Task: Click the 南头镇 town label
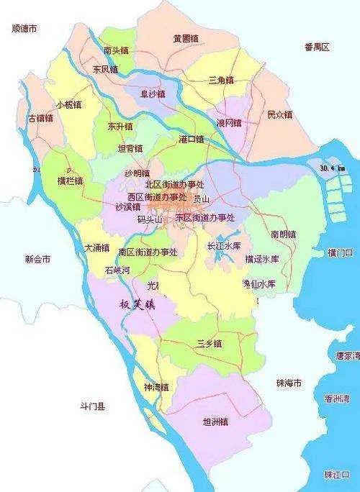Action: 116,50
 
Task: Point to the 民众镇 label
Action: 281,114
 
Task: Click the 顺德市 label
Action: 25,29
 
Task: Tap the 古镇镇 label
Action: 40,118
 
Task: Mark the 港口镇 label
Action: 191,138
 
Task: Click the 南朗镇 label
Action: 284,234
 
